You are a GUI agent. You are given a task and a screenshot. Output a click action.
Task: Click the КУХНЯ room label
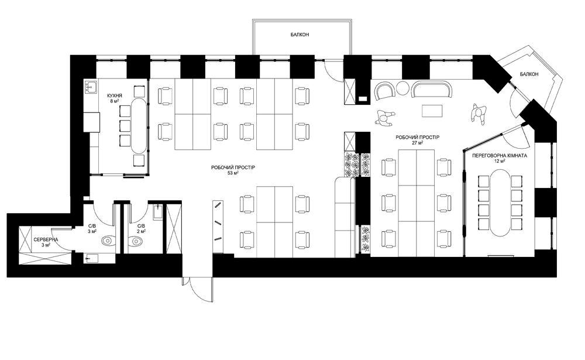(114, 95)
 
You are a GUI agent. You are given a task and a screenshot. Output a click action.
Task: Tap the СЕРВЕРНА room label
(46, 239)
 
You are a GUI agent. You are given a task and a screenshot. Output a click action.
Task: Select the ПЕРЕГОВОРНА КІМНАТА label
(499, 155)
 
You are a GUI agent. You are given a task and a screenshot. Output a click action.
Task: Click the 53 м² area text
(233, 173)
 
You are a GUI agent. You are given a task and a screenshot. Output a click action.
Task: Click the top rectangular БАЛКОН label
(300, 35)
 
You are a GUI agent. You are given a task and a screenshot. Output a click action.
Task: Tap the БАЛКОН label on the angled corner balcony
(529, 74)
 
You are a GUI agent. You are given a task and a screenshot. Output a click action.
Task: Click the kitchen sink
(91, 87)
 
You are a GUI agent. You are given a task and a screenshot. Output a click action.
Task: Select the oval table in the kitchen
(138, 125)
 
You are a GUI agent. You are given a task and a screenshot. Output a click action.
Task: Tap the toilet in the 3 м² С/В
(109, 241)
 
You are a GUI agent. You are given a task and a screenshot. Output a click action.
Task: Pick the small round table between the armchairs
(402, 88)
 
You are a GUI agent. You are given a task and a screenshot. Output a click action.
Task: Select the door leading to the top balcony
(334, 70)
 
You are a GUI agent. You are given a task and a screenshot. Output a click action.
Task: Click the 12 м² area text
(499, 161)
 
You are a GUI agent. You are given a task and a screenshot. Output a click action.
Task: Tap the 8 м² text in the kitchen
(114, 101)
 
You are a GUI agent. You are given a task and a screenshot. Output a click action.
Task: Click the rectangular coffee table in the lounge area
(432, 111)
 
